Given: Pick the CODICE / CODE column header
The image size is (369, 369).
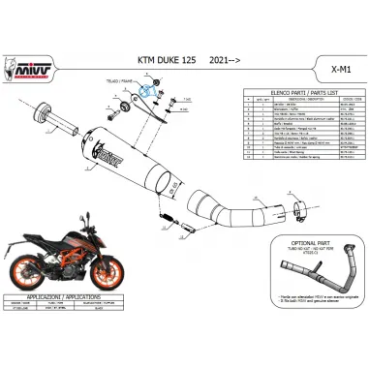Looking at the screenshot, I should (345, 108).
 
